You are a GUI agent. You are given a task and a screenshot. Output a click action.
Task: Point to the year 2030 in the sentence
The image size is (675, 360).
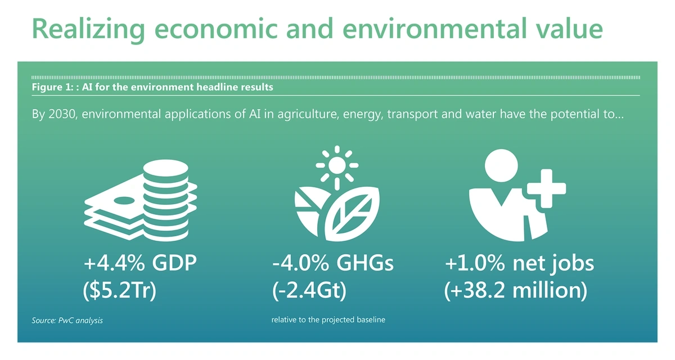coord(61,114)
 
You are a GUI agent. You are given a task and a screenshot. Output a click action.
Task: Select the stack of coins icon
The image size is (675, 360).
coord(166,200)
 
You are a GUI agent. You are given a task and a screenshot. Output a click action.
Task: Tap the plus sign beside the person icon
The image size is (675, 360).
coord(546,189)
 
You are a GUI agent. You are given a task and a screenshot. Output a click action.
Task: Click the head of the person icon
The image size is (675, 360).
coord(501,166)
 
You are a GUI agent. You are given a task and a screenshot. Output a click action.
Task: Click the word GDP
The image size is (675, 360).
coord(174,263)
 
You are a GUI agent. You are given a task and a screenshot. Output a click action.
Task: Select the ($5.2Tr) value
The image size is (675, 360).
coord(120,290)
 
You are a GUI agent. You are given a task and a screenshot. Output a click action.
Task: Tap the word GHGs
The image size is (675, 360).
coord(365,263)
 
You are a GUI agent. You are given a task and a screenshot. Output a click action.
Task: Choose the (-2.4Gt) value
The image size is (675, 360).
coord(309,290)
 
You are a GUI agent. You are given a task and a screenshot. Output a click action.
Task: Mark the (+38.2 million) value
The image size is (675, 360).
coord(516,290)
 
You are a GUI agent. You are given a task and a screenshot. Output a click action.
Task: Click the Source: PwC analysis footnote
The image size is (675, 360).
coord(67,321)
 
